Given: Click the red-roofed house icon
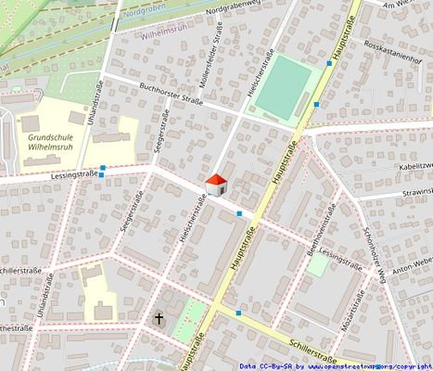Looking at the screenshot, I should (x=215, y=185).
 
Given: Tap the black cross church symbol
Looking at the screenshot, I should (x=159, y=318).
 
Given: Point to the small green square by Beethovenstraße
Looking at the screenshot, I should (x=318, y=265).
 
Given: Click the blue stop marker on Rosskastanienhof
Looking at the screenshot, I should (x=329, y=63).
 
